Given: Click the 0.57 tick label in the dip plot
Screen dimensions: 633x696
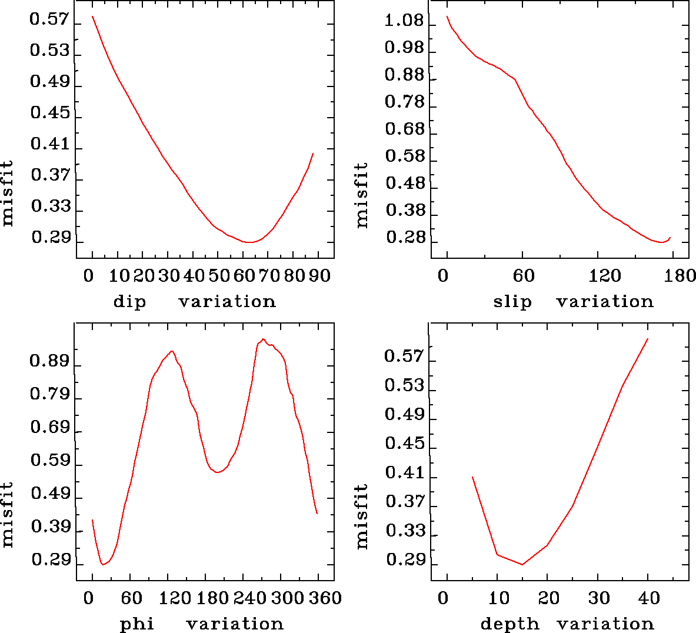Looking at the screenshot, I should [x=49, y=20].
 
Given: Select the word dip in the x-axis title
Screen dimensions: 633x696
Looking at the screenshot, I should [x=129, y=302].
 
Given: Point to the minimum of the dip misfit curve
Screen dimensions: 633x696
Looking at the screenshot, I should [x=249, y=242].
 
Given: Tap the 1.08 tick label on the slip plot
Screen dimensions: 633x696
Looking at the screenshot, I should [x=404, y=22].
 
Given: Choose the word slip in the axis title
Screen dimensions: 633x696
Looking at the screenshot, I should [x=512, y=302].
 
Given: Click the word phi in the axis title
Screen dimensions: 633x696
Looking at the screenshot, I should [x=136, y=624].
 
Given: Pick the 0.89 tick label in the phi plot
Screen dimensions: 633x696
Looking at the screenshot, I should [x=49, y=361].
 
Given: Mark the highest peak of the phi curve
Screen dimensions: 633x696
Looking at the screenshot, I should [x=263, y=339].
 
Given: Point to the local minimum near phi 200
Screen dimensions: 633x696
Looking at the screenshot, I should [x=217, y=472].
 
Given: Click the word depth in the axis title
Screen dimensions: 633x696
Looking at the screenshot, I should [x=509, y=624].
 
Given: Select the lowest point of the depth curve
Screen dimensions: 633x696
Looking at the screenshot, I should [x=522, y=564].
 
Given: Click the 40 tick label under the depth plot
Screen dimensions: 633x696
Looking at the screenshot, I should [x=649, y=598].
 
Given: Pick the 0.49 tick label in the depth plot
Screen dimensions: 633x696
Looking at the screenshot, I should [x=404, y=415].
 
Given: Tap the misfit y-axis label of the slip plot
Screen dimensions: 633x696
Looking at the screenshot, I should [x=361, y=195].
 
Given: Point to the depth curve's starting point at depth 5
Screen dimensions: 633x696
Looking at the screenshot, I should [x=472, y=477].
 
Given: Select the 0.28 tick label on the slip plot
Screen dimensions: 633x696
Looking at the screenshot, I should [x=405, y=238].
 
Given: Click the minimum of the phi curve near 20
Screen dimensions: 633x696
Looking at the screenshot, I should [x=103, y=564].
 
